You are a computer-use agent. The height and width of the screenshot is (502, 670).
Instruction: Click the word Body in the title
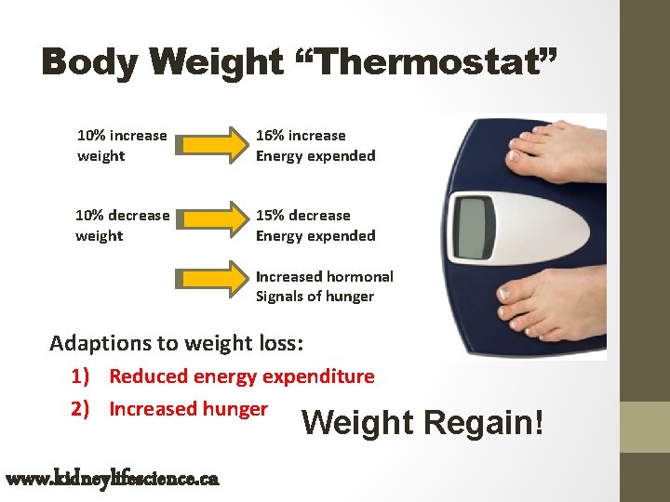click(87, 63)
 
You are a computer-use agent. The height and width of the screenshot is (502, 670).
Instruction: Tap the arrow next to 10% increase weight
click(210, 145)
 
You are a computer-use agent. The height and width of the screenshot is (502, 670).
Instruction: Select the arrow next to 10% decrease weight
click(210, 225)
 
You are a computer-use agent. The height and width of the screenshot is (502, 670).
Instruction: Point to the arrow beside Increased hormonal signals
click(210, 286)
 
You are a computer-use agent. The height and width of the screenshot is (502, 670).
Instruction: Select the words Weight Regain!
click(421, 423)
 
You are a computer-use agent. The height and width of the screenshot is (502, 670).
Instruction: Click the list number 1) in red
click(81, 376)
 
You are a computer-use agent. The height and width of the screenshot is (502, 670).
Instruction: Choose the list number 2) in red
click(81, 409)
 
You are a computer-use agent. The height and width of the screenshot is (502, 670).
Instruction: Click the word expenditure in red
click(318, 376)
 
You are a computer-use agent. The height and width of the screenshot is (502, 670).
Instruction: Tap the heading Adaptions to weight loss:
click(176, 343)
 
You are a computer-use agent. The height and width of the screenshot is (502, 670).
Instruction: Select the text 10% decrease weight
click(123, 226)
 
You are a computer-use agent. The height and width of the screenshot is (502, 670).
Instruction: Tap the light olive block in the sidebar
click(645, 427)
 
